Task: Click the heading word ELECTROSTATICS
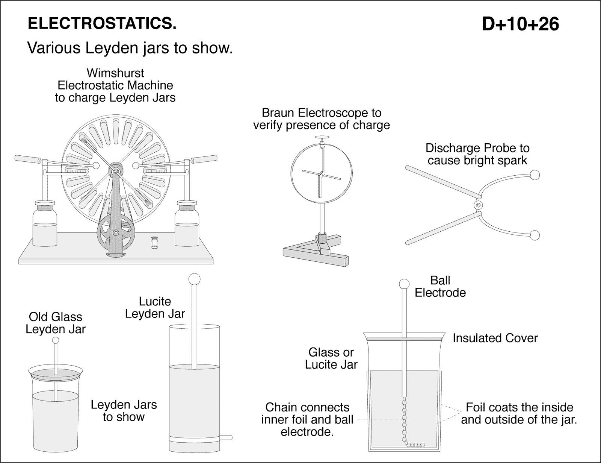tap(102, 24)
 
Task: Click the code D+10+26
tap(520, 24)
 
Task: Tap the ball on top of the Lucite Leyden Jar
tap(194, 279)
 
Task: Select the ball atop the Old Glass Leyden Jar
tap(56, 341)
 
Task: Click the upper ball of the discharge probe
tap(535, 175)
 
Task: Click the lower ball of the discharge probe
tap(535, 236)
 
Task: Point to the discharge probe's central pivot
tap(478, 205)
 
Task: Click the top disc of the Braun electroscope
tap(322, 138)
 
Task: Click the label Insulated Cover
tap(495, 338)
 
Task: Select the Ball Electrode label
tap(440, 287)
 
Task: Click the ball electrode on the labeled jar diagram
tap(404, 284)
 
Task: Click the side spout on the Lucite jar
tap(226, 437)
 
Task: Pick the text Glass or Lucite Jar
tap(331, 358)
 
